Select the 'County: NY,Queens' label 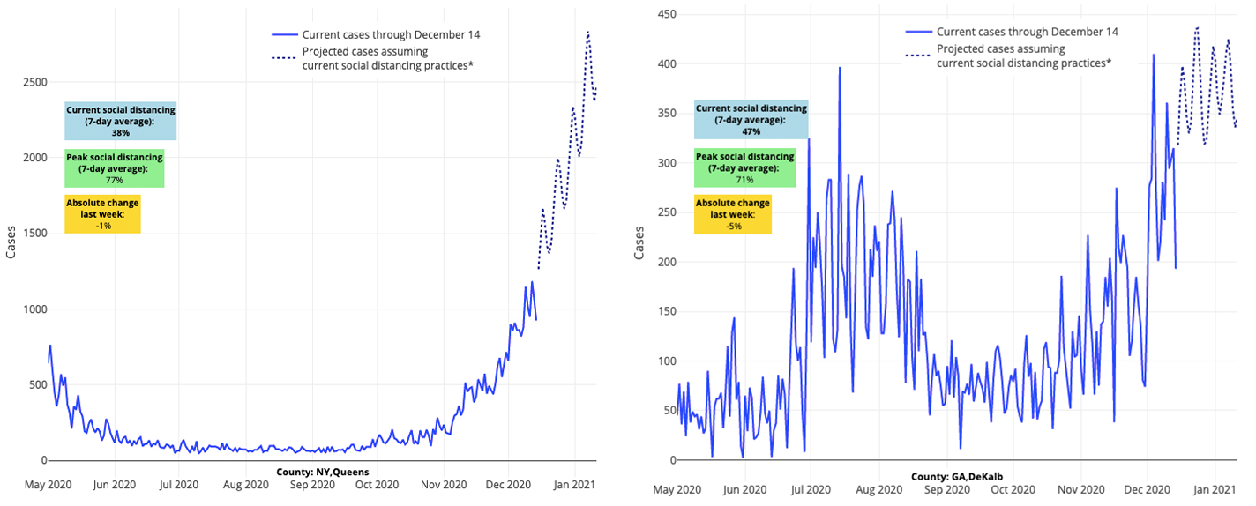322,472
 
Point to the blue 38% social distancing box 120,121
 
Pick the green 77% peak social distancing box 114,168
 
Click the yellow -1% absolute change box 102,214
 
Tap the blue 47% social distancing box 751,120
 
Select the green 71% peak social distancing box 744,167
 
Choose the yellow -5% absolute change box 732,214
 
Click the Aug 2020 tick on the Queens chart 245,484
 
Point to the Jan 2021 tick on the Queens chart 577,484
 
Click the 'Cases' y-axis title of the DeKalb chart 640,243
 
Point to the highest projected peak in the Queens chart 588,33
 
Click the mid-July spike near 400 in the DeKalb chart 840,69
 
